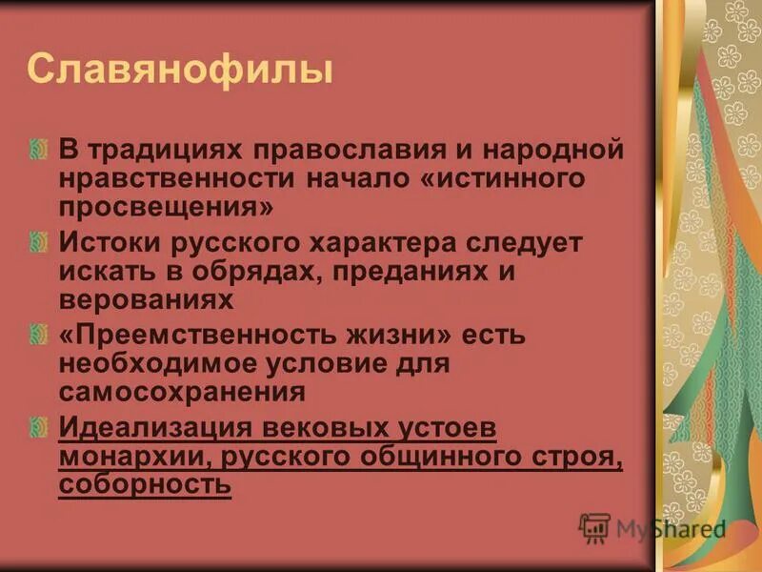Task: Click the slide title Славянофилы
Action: [x=181, y=71]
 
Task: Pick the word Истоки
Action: [x=111, y=242]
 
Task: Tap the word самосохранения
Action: [x=182, y=391]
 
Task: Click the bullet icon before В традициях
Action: [x=38, y=150]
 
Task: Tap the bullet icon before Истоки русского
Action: [x=38, y=242]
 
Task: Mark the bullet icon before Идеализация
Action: [x=38, y=428]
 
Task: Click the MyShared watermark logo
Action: [x=652, y=528]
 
